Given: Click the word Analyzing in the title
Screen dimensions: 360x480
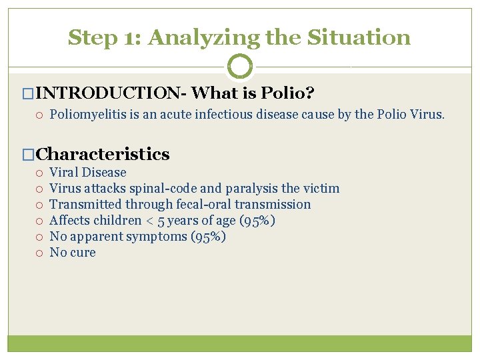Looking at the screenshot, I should click(203, 37).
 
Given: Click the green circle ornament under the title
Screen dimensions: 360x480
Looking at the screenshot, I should click(240, 67).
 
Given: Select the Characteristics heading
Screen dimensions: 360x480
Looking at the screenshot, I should click(103, 154).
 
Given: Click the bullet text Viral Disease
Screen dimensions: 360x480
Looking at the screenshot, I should click(88, 173).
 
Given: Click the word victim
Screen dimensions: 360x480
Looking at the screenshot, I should click(321, 189).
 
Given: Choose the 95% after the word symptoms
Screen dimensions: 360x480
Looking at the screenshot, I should click(208, 237).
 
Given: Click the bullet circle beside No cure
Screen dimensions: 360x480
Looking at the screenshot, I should click(41, 253).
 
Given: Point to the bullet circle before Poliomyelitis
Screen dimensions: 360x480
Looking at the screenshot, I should click(41, 115).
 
